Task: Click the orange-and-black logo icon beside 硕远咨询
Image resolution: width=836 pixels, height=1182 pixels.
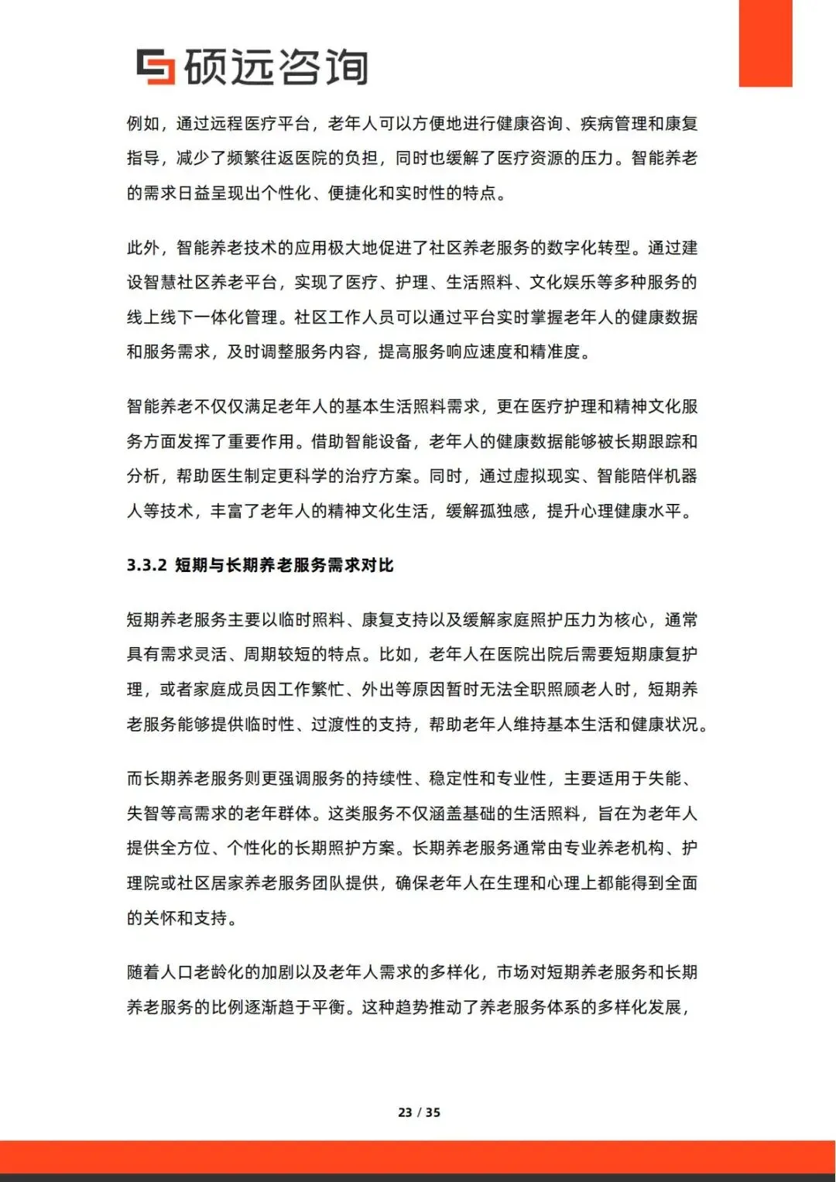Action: (155, 67)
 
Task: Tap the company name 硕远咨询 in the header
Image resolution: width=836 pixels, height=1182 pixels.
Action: (276, 67)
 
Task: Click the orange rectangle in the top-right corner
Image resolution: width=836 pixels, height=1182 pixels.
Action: (765, 43)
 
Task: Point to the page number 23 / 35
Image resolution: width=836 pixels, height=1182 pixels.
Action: (419, 1112)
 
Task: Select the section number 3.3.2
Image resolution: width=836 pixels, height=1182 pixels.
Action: (147, 565)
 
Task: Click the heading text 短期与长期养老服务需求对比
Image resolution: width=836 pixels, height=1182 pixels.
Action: (284, 565)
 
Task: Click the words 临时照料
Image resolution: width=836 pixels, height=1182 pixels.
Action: (311, 620)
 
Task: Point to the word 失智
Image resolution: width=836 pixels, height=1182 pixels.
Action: (144, 814)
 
